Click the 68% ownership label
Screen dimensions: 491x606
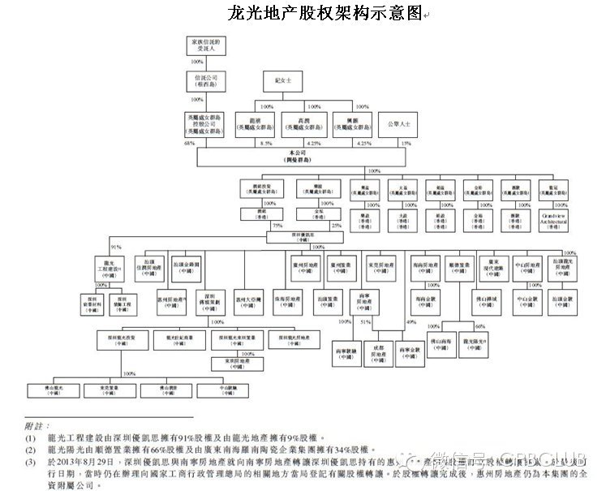pyautogui.click(x=190, y=144)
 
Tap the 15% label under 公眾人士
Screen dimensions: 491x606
pyautogui.click(x=406, y=144)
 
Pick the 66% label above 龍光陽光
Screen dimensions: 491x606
pyautogui.click(x=479, y=325)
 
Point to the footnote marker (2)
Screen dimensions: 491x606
pyautogui.click(x=30, y=448)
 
